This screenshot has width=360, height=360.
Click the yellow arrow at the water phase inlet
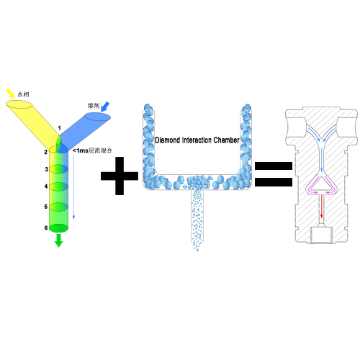tap(10, 94)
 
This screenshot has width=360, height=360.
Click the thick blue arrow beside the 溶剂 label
tap(105, 107)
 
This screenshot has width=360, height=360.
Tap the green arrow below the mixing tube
tap(58, 240)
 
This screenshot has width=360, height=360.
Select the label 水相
tap(23, 94)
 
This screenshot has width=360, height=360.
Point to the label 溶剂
tap(94, 106)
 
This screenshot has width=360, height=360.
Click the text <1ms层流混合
tap(92, 150)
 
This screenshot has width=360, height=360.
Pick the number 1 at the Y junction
tap(59, 128)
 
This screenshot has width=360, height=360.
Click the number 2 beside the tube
tap(45, 152)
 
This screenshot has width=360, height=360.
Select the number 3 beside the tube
tap(46, 169)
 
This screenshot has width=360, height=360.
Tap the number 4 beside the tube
tap(46, 186)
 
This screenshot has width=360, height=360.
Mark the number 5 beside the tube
tap(46, 207)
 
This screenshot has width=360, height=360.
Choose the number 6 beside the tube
tap(46, 228)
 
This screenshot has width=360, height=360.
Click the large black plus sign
tap(120, 176)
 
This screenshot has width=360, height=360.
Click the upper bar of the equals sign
tap(274, 166)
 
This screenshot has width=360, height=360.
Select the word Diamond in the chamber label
tap(168, 140)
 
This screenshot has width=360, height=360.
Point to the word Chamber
tap(226, 140)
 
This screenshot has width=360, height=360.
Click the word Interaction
tap(197, 140)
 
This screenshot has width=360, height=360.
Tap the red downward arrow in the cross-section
tap(322, 207)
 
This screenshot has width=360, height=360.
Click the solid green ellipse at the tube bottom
tap(59, 228)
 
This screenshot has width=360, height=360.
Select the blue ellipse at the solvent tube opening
tap(98, 117)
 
